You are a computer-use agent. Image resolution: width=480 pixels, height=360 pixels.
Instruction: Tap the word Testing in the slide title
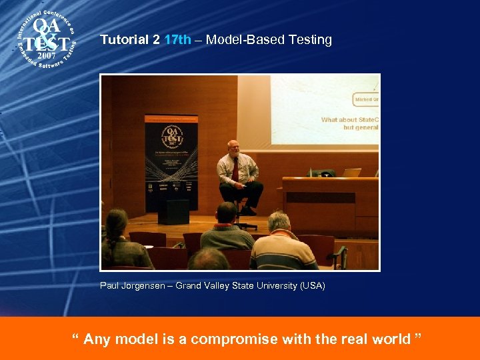(310, 40)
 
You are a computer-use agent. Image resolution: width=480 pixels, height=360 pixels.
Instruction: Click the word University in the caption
(271, 286)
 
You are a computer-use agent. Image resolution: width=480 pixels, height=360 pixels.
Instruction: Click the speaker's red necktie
(235, 169)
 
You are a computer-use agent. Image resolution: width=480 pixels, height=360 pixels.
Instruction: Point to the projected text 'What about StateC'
(349, 120)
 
